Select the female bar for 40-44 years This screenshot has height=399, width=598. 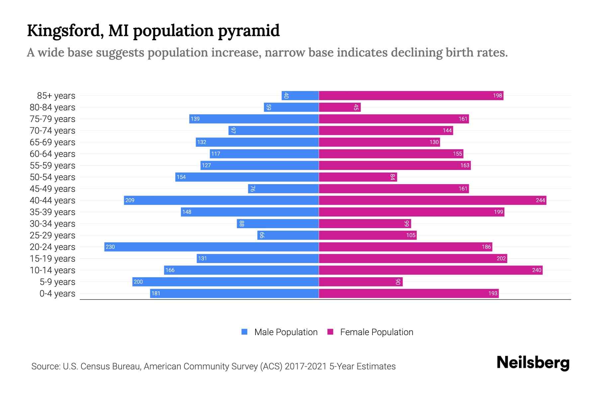[x=432, y=200]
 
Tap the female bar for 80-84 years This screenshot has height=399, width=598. [x=339, y=107]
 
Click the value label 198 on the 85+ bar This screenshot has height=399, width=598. [x=497, y=95]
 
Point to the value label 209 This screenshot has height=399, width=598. [x=130, y=200]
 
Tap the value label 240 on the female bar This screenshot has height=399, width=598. [x=537, y=270]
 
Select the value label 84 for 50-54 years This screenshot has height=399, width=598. [x=392, y=177]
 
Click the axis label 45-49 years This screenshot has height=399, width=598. [x=52, y=189]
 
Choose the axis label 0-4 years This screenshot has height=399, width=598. [x=57, y=293]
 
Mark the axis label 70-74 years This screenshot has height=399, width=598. [x=52, y=130]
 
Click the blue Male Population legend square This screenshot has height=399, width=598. [x=245, y=332]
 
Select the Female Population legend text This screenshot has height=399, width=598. [x=376, y=332]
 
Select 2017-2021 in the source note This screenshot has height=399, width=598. [x=306, y=366]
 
